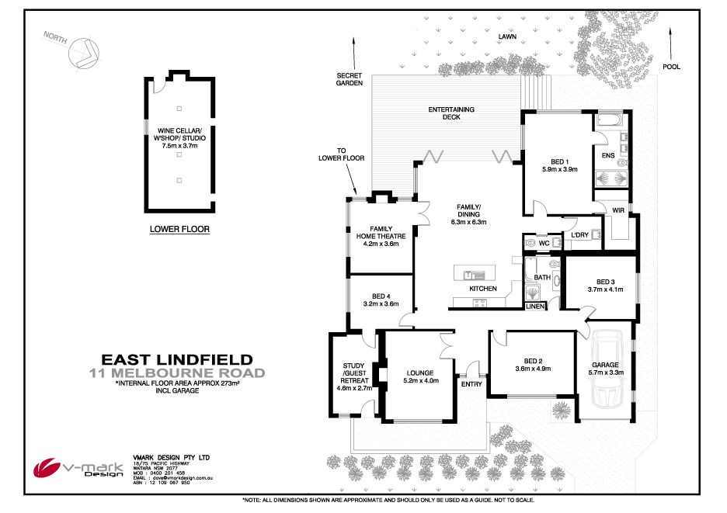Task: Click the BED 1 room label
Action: [558, 160]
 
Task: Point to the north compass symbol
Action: [83, 50]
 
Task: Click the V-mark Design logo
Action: [75, 468]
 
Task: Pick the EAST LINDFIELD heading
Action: [178, 359]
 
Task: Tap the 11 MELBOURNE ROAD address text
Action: [178, 373]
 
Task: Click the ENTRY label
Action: [471, 384]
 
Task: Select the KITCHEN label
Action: [482, 289]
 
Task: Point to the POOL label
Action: [671, 67]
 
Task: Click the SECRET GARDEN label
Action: [350, 79]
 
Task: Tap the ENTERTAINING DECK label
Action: [451, 113]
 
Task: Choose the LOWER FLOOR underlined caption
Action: [179, 230]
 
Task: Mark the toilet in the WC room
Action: [531, 243]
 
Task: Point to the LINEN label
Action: [535, 307]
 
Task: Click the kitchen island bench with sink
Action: [471, 274]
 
